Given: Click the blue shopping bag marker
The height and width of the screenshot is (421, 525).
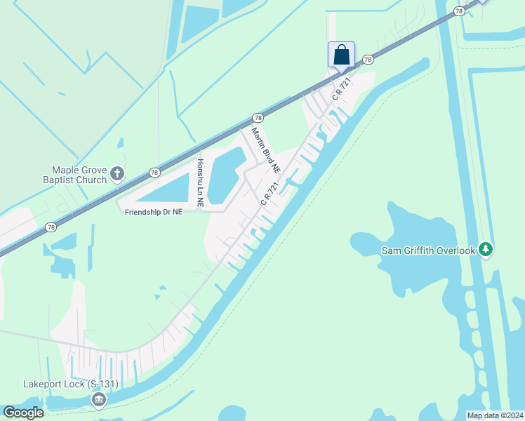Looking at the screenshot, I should point(341,54).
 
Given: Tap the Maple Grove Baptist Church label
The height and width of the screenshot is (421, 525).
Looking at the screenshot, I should point(79,175).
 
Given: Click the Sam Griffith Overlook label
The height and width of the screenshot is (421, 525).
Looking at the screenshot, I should point(428,250).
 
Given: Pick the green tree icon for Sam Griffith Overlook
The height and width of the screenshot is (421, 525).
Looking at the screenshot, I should point(485,250).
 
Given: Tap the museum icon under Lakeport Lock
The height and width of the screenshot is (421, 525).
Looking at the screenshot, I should point(98,400).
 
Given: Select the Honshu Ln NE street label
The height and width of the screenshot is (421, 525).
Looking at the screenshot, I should point(200,182).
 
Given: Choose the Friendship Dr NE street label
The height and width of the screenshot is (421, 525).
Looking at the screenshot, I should point(153,211).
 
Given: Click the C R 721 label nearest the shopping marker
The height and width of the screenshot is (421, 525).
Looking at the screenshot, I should point(341,88).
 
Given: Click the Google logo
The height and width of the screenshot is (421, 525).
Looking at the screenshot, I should point(23,413).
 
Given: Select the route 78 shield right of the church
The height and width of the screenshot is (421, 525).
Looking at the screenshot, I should point(154,173).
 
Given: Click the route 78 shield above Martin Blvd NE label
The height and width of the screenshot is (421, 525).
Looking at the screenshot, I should point(258,118).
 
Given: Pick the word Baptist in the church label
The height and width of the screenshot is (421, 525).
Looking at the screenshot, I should point(74,180).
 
